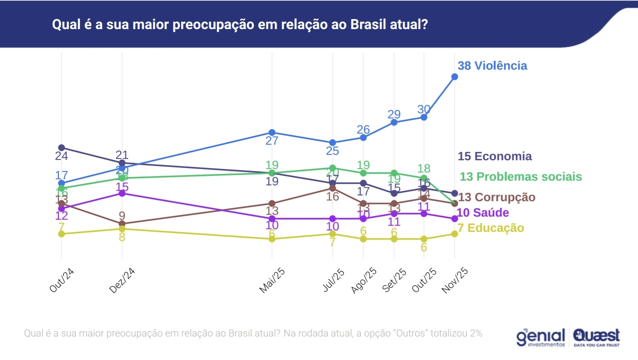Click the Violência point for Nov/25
click(x=455, y=77)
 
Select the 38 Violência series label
click(x=492, y=66)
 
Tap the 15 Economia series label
click(x=494, y=156)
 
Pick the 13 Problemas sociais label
click(x=520, y=176)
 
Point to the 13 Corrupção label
click(x=497, y=197)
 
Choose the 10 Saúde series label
click(x=483, y=213)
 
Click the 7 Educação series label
click(x=491, y=228)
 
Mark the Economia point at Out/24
click(x=62, y=148)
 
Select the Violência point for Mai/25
click(x=272, y=132)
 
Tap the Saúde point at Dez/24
click(x=122, y=193)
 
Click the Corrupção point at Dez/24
click(x=122, y=224)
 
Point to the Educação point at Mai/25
click(x=272, y=239)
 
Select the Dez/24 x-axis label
click(x=122, y=280)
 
